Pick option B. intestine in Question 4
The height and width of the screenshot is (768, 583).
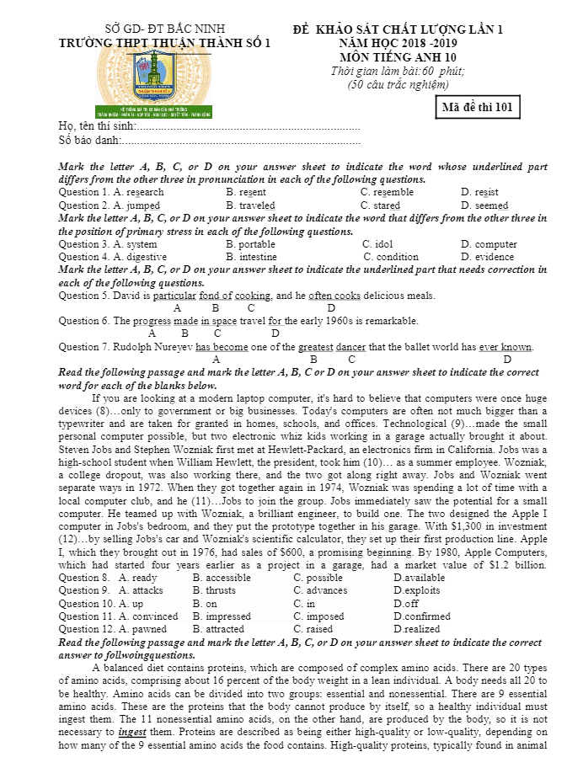click(251, 257)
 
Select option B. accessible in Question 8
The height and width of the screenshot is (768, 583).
click(222, 578)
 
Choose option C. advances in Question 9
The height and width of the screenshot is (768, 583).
click(320, 590)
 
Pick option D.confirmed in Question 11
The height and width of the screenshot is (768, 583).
click(422, 616)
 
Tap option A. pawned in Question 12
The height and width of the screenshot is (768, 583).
click(142, 628)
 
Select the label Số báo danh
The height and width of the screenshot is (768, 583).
click(89, 140)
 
